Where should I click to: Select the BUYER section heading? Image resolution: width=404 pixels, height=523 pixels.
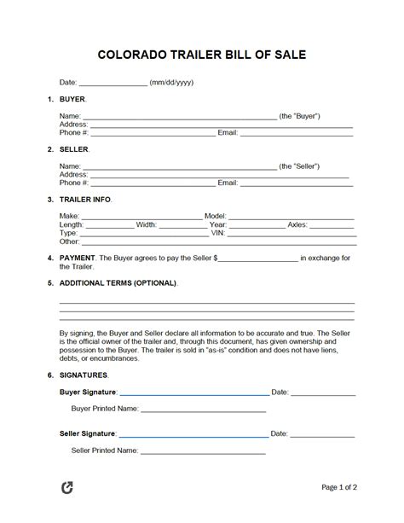pos(72,99)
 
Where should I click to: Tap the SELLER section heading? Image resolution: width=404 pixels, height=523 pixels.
pos(73,149)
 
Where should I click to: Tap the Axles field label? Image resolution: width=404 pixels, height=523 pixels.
pos(297,225)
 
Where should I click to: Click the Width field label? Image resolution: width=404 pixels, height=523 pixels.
pos(146,225)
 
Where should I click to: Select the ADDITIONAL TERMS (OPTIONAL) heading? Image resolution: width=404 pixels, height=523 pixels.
pos(118,282)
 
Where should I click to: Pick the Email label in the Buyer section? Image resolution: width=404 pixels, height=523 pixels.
pos(228,132)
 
